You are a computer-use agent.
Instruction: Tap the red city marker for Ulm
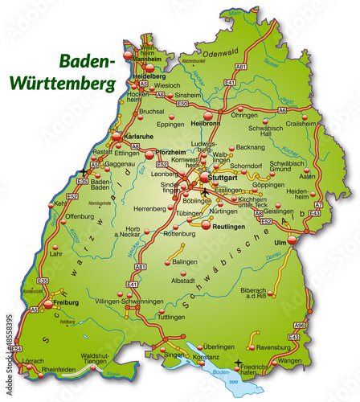click(292, 239)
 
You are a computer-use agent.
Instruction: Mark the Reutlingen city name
click(230, 228)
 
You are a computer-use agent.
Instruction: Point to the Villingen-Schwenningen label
click(129, 301)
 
